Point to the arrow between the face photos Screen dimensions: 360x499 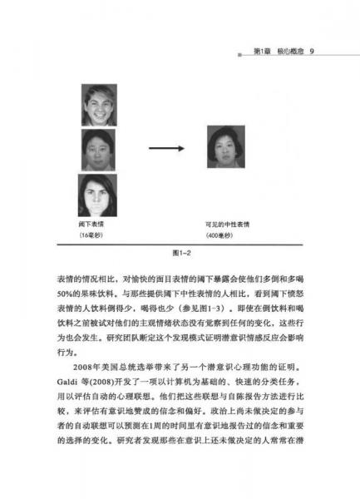163,148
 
